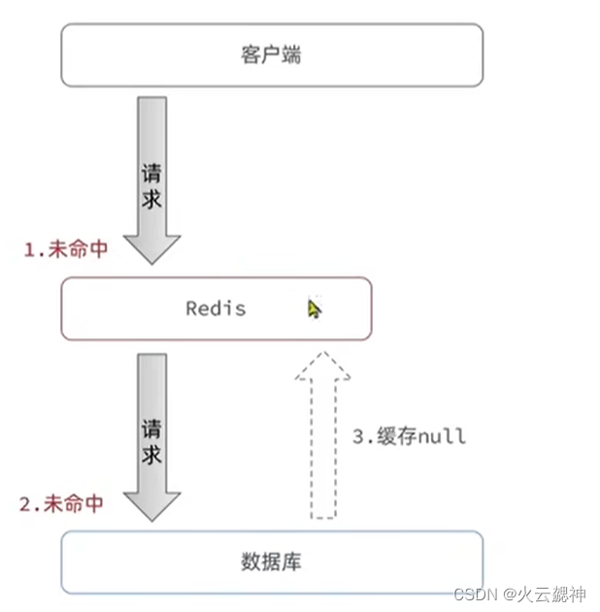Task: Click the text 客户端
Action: (x=271, y=54)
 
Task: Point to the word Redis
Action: (x=216, y=309)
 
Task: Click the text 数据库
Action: (x=271, y=561)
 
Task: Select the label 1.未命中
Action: (x=66, y=249)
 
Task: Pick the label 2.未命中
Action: (x=61, y=504)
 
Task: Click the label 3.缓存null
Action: (x=409, y=436)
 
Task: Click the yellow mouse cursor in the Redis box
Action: (x=314, y=309)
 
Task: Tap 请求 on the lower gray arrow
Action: (x=151, y=442)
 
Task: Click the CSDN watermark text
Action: (x=477, y=593)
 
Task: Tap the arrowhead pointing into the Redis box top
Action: (x=152, y=248)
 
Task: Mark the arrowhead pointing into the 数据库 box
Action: (x=152, y=504)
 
